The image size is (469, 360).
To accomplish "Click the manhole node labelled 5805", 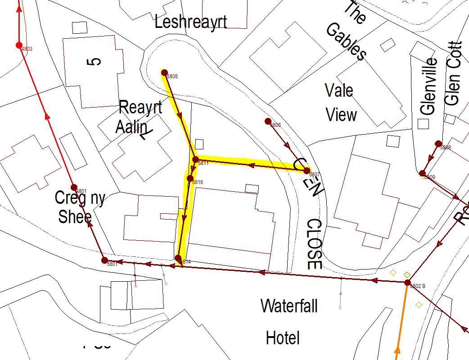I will pos(164,72).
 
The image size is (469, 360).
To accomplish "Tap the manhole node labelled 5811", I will pos(196,159).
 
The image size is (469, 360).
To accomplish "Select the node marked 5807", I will pos(307,171).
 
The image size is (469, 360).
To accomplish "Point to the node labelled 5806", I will pos(268,121).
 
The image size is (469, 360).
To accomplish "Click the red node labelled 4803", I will pos(19,45).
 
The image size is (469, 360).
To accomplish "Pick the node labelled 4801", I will pos(74,187).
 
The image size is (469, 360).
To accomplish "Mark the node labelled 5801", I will pos(104,260).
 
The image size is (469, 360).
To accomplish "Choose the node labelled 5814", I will pos(178,258).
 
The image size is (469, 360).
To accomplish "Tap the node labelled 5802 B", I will pos(407,283).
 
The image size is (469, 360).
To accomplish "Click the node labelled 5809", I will pos(422,173).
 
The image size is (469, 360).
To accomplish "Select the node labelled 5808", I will pos(438,144).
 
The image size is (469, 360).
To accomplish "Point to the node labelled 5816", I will pos(190,178).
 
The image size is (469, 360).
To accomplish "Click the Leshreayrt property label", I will pos(190,22).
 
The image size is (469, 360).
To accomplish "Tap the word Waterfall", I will pos(289,306).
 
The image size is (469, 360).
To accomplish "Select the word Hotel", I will pos(283,337).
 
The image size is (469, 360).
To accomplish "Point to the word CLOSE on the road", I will pos(314,244).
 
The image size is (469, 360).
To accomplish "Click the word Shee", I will pos(75,216).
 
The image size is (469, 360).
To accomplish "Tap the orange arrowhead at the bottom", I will pos(397,351).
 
